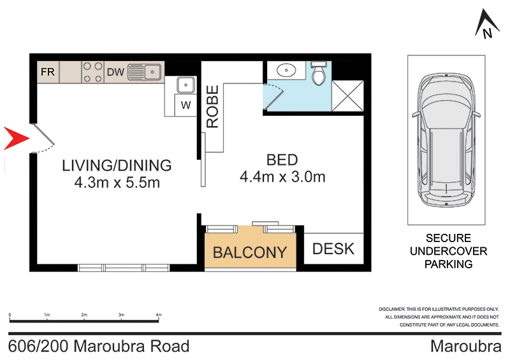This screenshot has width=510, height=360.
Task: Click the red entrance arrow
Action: point(14,138)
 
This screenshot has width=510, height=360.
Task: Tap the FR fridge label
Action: point(48,72)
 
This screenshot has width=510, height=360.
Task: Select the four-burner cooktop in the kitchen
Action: point(92,72)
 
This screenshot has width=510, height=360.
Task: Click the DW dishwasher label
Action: point(115,72)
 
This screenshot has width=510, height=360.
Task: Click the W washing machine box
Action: point(186,105)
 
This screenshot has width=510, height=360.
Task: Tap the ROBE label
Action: point(212,107)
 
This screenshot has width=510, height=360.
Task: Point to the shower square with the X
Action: point(348,97)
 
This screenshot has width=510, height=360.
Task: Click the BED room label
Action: point(282,159)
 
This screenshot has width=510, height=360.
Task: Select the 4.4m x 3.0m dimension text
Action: point(282,176)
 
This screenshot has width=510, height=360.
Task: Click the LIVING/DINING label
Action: point(117,166)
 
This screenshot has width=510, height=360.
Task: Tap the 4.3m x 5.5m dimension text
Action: point(117,183)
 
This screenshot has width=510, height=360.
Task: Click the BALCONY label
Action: point(249,252)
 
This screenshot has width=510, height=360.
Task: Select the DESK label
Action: point(333,248)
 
